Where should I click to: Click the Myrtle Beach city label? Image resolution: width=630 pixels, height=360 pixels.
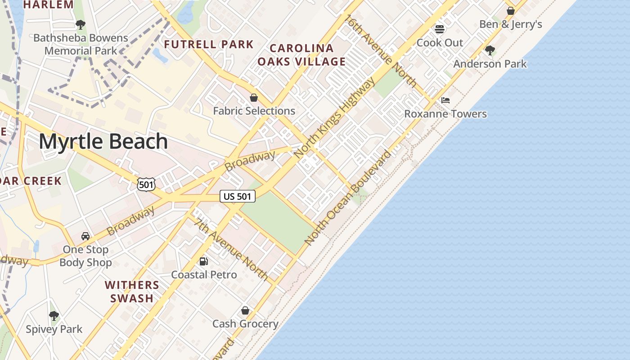(103, 141)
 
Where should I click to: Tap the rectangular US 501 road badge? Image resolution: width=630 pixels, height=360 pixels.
(238, 196)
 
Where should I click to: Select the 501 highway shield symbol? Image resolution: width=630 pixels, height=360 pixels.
(147, 184)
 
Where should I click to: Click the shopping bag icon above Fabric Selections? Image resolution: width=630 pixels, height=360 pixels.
(254, 98)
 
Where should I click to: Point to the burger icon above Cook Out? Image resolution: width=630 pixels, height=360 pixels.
(440, 29)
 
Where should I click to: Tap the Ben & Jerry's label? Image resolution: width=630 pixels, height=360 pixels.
(510, 24)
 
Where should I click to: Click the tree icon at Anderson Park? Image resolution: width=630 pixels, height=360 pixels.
(490, 50)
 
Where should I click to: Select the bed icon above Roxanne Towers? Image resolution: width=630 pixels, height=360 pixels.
(445, 100)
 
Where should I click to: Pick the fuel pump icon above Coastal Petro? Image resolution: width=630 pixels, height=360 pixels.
(204, 261)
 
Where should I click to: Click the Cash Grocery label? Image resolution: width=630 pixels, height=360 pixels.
(245, 324)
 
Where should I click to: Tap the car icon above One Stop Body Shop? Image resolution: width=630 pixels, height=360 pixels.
(85, 236)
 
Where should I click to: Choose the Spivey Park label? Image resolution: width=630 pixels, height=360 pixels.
(54, 329)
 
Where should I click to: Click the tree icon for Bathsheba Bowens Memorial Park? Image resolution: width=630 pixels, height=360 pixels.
(81, 24)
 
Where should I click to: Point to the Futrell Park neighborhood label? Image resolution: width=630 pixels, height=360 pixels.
(209, 45)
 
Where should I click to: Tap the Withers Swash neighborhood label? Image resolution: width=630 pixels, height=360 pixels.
(132, 292)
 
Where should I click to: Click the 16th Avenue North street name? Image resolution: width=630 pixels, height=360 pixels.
(381, 50)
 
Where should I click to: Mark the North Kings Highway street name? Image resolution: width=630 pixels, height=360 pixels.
(334, 118)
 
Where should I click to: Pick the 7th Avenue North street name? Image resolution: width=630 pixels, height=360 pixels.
(231, 249)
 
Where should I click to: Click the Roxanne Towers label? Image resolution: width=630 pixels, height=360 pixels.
(445, 114)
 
